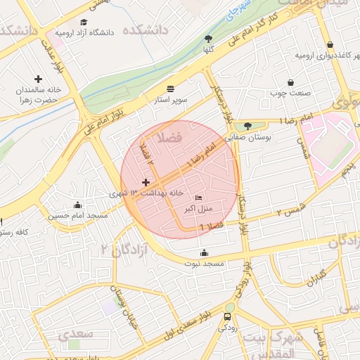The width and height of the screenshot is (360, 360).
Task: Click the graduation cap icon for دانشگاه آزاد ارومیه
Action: [x=84, y=22]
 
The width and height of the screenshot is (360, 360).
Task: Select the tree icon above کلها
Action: [x=208, y=39]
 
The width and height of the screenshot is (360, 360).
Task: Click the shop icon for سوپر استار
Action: [x=171, y=89]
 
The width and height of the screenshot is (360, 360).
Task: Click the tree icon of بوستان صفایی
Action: [x=237, y=127]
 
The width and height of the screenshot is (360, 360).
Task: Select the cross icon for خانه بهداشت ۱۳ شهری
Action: [x=146, y=182]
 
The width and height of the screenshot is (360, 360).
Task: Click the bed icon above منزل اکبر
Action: [x=198, y=198]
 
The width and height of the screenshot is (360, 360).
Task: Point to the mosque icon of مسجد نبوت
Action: [x=205, y=252]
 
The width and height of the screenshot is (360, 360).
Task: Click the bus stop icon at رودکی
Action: [x=227, y=316]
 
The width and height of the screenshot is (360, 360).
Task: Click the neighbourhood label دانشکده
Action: [x=147, y=32]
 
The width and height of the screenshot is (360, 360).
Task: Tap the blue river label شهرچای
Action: [x=239, y=16]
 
